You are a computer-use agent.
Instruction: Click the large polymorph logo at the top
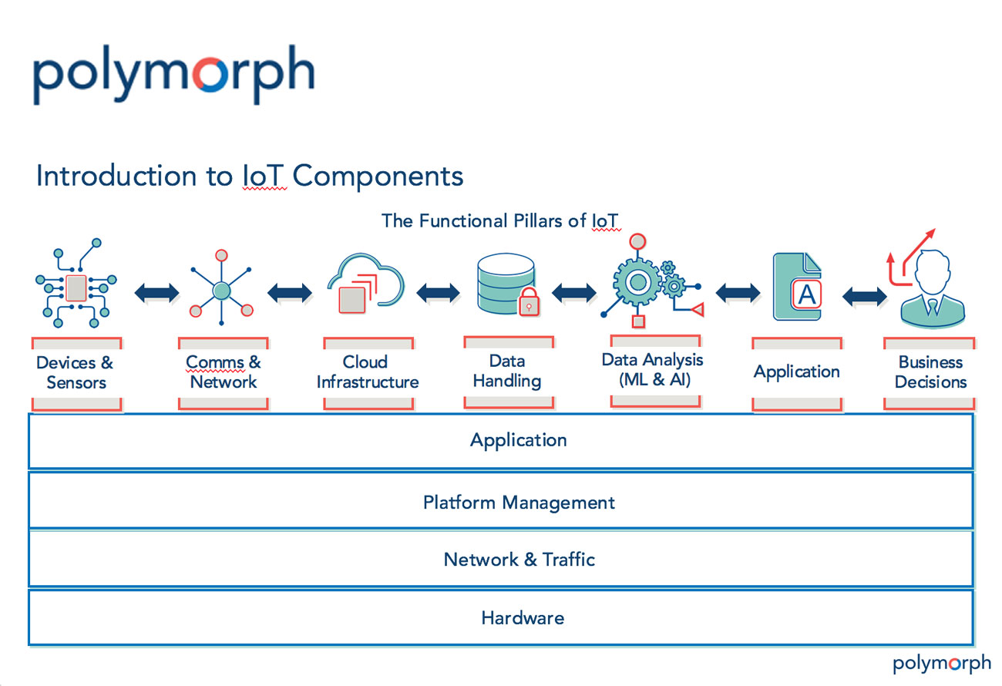(173, 74)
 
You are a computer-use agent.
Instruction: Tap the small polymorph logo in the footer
(942, 663)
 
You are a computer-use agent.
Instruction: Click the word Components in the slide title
(378, 176)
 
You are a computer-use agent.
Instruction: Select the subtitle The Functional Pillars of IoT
(500, 221)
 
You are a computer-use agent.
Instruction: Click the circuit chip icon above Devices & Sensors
(76, 284)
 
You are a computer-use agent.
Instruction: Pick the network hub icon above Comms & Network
(221, 288)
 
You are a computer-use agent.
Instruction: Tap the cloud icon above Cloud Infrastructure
(366, 283)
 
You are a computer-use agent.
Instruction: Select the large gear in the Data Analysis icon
(637, 282)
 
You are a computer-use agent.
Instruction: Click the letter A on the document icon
(807, 294)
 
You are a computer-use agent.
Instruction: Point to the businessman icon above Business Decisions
(933, 288)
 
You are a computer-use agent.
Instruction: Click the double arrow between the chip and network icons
(156, 293)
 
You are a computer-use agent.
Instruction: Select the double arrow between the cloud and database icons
(438, 293)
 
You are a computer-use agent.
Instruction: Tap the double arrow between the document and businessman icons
(864, 296)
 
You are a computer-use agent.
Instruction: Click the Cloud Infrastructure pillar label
(368, 372)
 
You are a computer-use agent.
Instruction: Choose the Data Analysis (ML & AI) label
(653, 370)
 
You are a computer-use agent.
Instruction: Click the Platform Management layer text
(519, 503)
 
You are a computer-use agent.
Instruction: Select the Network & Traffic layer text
(519, 560)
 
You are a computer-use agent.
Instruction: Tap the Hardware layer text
(523, 618)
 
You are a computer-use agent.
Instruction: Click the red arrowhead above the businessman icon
(930, 234)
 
